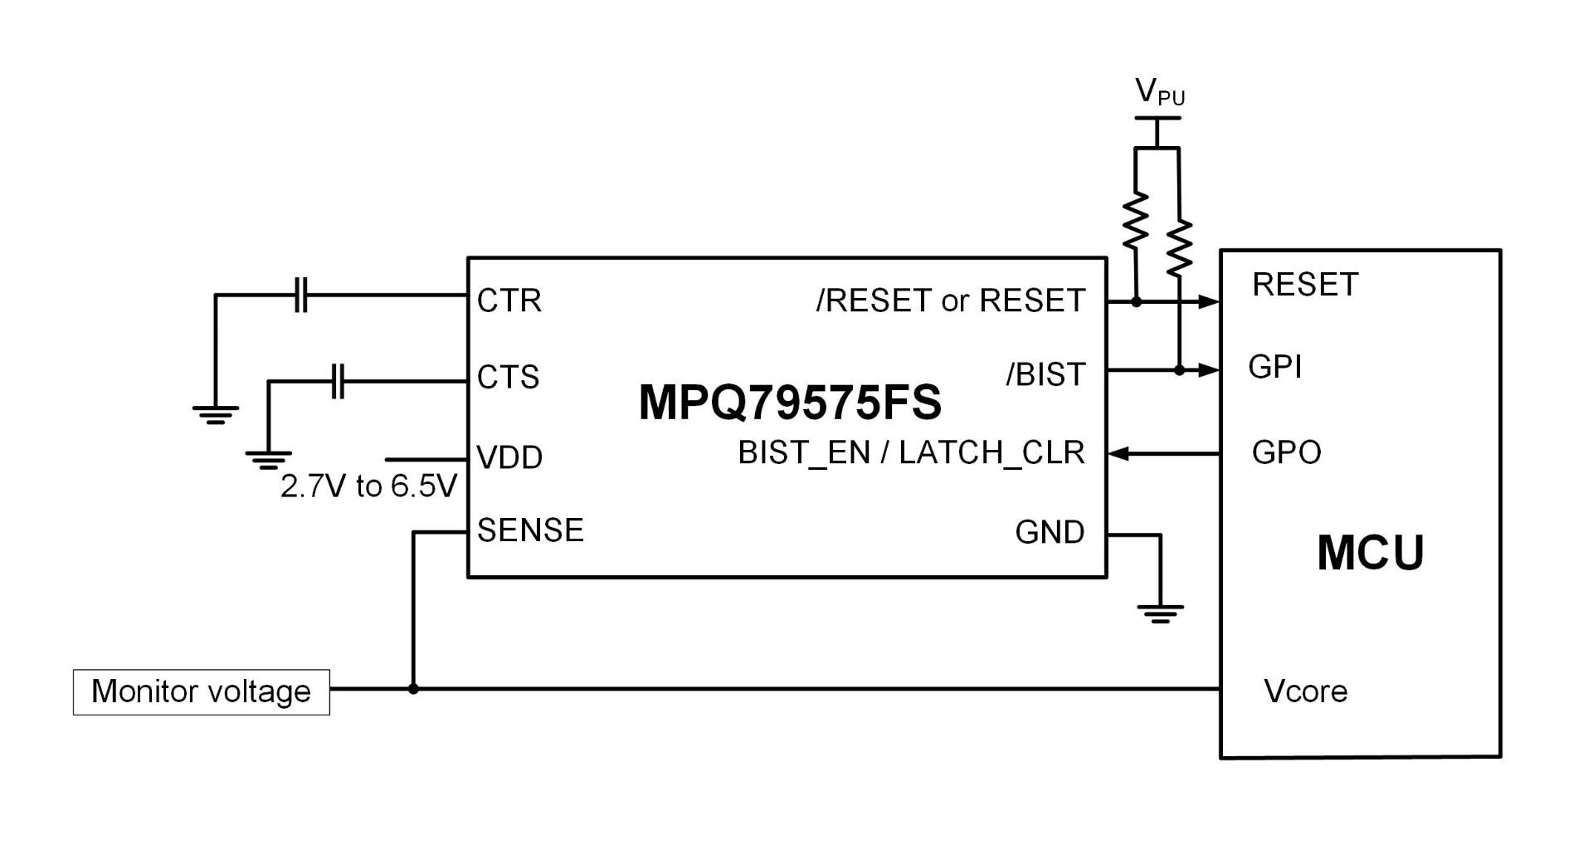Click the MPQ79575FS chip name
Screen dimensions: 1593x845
(790, 403)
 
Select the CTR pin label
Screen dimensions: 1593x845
(509, 300)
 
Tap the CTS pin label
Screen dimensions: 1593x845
(509, 377)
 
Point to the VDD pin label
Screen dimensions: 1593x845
(509, 457)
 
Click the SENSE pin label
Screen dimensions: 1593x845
(531, 530)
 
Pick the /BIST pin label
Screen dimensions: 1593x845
(1045, 375)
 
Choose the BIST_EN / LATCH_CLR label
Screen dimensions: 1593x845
(912, 453)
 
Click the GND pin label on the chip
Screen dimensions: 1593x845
(1050, 532)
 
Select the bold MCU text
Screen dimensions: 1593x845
(1371, 553)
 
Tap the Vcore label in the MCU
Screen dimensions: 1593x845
(1305, 691)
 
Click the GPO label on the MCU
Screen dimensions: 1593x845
(1286, 452)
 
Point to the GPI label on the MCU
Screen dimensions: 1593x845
(1275, 366)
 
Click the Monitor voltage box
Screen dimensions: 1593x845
(202, 691)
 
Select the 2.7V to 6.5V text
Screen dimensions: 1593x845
(368, 486)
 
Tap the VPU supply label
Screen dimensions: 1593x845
(1160, 91)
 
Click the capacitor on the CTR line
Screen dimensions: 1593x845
(301, 296)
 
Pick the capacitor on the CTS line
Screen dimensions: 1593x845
(338, 381)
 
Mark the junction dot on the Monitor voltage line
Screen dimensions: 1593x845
(413, 689)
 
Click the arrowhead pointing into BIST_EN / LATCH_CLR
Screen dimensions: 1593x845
(1119, 454)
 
